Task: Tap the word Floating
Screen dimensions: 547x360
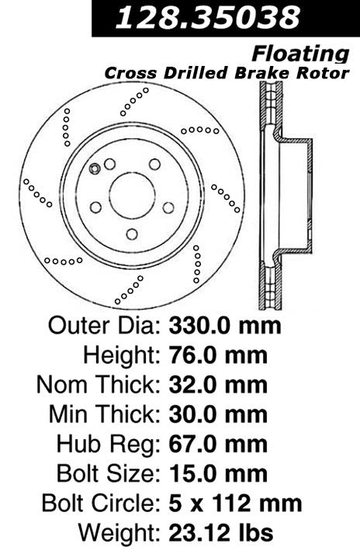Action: pos(299,53)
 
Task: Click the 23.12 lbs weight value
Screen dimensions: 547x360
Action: pos(220,533)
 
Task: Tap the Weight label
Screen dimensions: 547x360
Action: pos(119,533)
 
